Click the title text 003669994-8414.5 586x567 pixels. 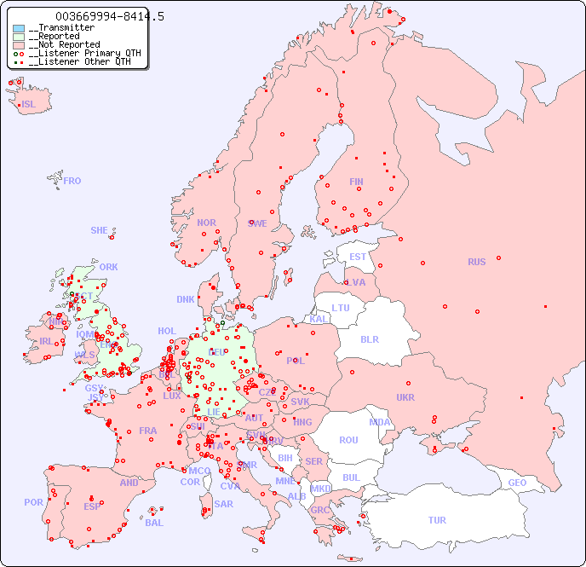pos(109,16)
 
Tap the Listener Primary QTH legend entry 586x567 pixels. pos(78,53)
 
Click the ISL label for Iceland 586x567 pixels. pos(29,105)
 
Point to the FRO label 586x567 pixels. pos(72,181)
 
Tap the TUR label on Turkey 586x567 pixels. pos(437,520)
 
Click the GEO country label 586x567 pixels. pos(517,483)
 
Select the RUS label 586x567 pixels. pos(476,262)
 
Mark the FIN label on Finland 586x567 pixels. pos(356,182)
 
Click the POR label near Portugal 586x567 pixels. pos(33,502)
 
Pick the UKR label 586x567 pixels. pos(405,397)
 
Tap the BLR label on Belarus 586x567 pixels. pos(370,338)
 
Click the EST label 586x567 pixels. pos(358,257)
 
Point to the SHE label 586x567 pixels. pos(100,230)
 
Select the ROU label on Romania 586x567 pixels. pos(348,440)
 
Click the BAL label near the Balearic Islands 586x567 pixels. pos(154,523)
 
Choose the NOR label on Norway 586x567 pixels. pos(206,223)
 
